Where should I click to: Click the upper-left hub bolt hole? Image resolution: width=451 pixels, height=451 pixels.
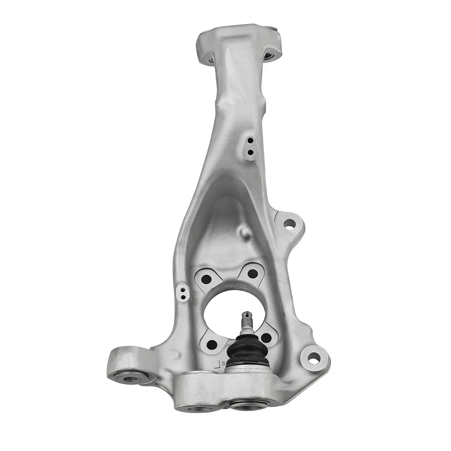[207, 279]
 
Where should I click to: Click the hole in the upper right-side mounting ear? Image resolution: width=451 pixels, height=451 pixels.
[289, 224]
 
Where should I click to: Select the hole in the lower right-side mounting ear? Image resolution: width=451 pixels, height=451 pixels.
[313, 358]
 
